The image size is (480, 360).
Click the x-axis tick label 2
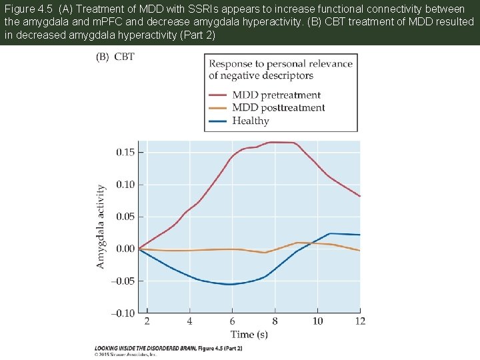pyautogui.click(x=147, y=321)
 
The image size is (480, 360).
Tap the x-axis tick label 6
pyautogui.click(x=232, y=321)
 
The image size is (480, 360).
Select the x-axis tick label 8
pyautogui.click(x=275, y=321)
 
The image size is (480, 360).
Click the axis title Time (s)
pyautogui.click(x=249, y=334)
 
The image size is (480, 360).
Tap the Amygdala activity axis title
pyautogui.click(x=101, y=227)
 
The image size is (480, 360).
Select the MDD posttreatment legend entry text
pyautogui.click(x=278, y=108)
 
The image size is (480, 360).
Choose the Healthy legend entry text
pyautogui.click(x=251, y=121)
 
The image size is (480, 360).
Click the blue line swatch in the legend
pyautogui.click(x=217, y=121)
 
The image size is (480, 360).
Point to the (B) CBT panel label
pyautogui.click(x=115, y=57)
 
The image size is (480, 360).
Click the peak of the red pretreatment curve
pyautogui.click(x=280, y=142)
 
